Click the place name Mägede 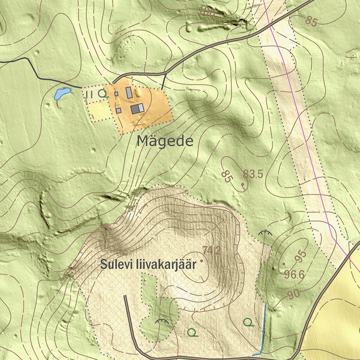165,141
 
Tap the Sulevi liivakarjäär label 148,264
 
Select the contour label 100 206,12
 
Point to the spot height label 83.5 253,174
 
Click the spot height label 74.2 212,251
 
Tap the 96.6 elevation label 294,275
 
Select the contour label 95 301,257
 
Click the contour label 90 294,295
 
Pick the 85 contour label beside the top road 311,21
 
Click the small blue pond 62,94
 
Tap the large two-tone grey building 137,109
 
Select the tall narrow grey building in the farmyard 129,92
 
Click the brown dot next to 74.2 201,261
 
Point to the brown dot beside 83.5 243,184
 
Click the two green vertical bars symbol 89,94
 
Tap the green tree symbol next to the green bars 103,94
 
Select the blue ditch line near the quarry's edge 264,327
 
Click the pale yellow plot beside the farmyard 100,111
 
